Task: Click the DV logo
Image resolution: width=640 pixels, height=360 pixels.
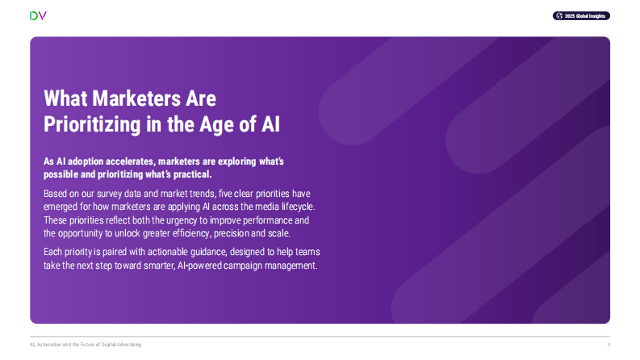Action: click(x=37, y=15)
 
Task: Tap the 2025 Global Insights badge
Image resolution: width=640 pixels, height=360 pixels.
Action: click(x=581, y=15)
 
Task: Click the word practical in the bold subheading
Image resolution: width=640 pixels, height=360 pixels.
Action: click(x=211, y=174)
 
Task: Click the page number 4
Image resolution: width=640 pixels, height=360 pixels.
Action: click(x=609, y=345)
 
